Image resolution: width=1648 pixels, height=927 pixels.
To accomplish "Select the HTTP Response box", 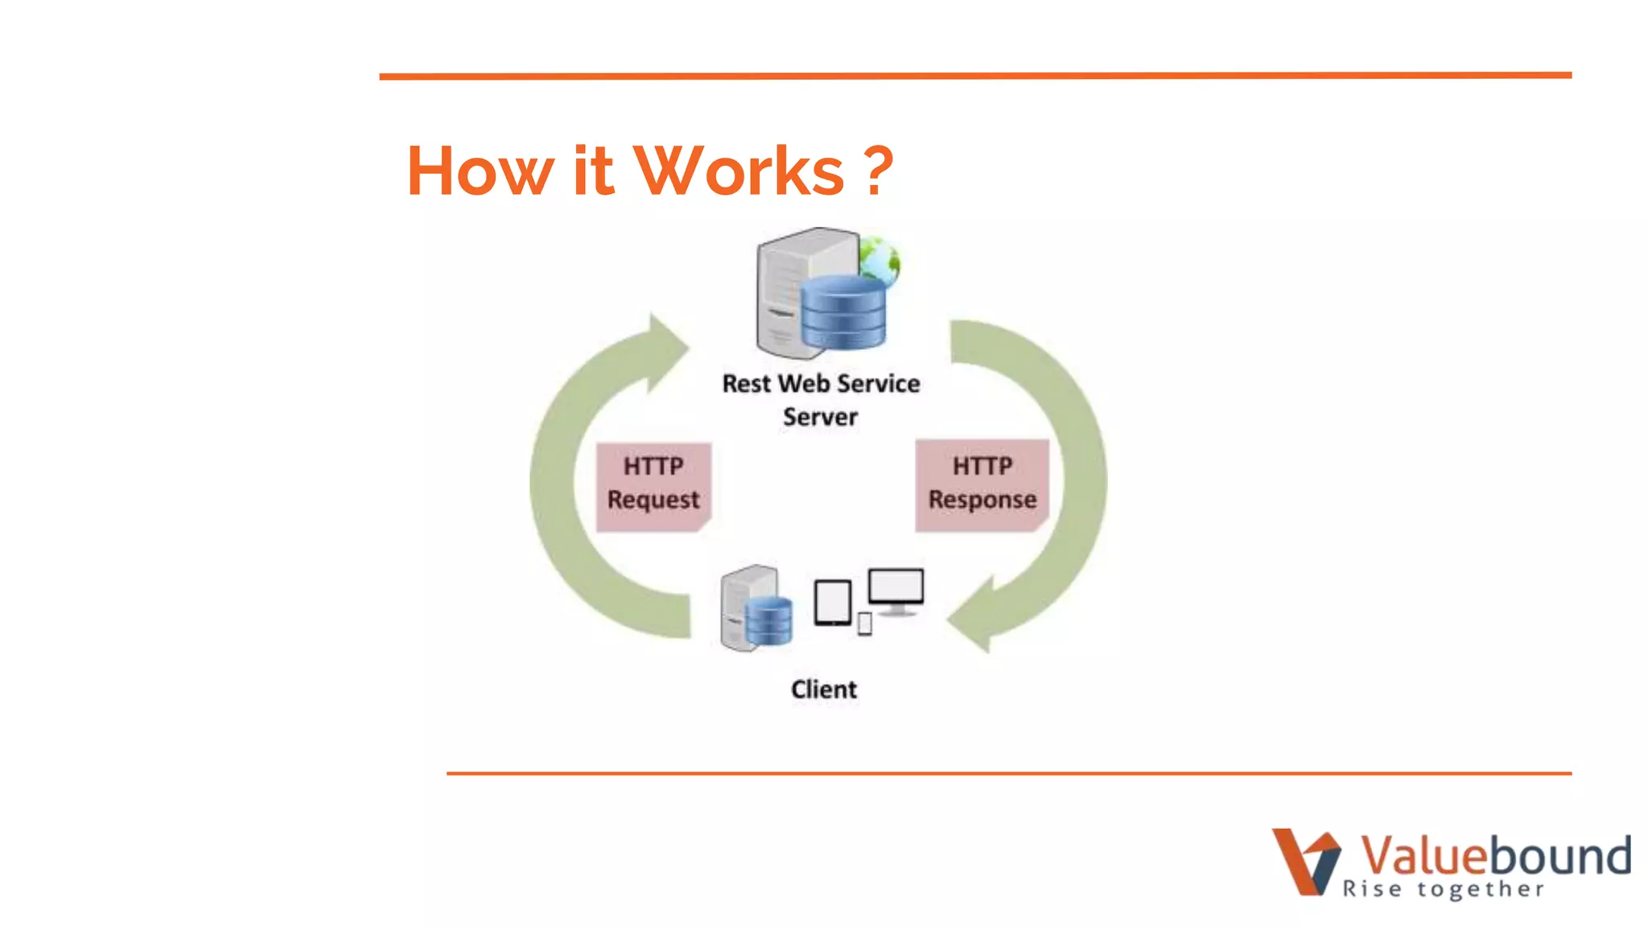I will point(982,484).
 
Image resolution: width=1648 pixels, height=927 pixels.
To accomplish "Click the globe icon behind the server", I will point(879,260).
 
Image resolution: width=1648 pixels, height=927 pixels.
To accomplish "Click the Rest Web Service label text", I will point(821,384).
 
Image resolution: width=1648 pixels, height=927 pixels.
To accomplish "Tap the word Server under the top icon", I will point(820,418).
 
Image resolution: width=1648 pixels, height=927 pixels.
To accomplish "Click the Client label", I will point(823,690).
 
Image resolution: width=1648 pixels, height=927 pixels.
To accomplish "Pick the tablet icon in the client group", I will point(832,603).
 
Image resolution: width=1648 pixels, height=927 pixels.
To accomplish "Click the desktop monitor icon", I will point(896,590).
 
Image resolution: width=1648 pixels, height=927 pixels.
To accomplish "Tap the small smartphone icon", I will point(865,624).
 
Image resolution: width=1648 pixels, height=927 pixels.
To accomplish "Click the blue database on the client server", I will point(768,620).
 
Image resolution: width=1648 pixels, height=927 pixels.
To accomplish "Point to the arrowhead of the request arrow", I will point(667,351).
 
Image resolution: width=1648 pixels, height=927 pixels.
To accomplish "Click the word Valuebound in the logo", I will point(1495,855).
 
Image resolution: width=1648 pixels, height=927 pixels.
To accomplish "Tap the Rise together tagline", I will point(1443,889).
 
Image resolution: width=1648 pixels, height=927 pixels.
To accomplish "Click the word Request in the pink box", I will point(653,500).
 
